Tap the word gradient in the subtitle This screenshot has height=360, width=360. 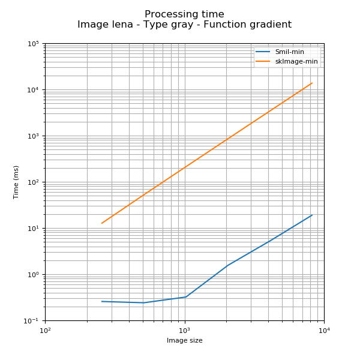tap(268, 25)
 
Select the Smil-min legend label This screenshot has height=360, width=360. tap(290, 52)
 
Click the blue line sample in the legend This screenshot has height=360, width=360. tap(263, 52)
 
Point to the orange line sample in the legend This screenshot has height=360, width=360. tap(263, 61)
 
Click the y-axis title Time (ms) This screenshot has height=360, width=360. tap(16, 182)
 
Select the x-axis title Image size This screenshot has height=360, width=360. tap(184, 341)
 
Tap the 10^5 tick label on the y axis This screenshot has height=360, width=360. tap(34, 44)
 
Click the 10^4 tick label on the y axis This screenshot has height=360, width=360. tap(34, 90)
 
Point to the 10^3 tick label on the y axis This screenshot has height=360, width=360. tap(34, 136)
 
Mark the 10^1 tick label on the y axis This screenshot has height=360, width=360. tap(34, 229)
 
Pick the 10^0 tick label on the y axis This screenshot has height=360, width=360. tap(34, 275)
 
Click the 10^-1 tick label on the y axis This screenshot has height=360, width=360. tap(32, 321)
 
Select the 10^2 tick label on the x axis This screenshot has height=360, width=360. tap(45, 330)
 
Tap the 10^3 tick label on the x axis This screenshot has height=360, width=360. tap(184, 330)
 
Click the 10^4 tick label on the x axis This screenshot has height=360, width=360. tap(324, 330)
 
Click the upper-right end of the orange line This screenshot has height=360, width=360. tap(312, 83)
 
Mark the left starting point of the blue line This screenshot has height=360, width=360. tap(101, 301)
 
